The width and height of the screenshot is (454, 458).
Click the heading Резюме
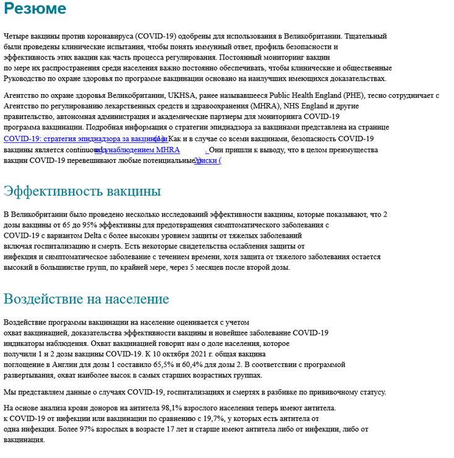pyautogui.click(x=35, y=9)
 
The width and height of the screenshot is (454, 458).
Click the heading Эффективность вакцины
pyautogui.click(x=82, y=191)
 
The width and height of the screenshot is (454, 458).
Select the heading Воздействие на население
pyautogui.click(x=86, y=299)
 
